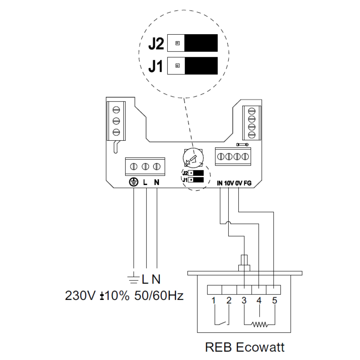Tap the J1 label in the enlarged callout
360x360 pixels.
pyautogui.click(x=157, y=67)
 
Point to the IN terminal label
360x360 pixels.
pyautogui.click(x=220, y=183)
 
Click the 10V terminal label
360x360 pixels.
pyautogui.click(x=229, y=183)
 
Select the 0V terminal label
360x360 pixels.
pyautogui.click(x=239, y=183)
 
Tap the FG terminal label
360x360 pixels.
pyautogui.click(x=248, y=183)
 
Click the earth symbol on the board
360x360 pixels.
pyautogui.click(x=134, y=183)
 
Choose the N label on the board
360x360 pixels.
pyautogui.click(x=157, y=183)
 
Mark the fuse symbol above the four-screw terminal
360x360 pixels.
pyautogui.click(x=242, y=144)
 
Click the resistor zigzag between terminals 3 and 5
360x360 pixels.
pyautogui.click(x=259, y=325)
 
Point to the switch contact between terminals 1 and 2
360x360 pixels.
pyautogui.click(x=221, y=322)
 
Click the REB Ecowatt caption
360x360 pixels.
pyautogui.click(x=245, y=348)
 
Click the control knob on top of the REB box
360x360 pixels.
pyautogui.click(x=244, y=263)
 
